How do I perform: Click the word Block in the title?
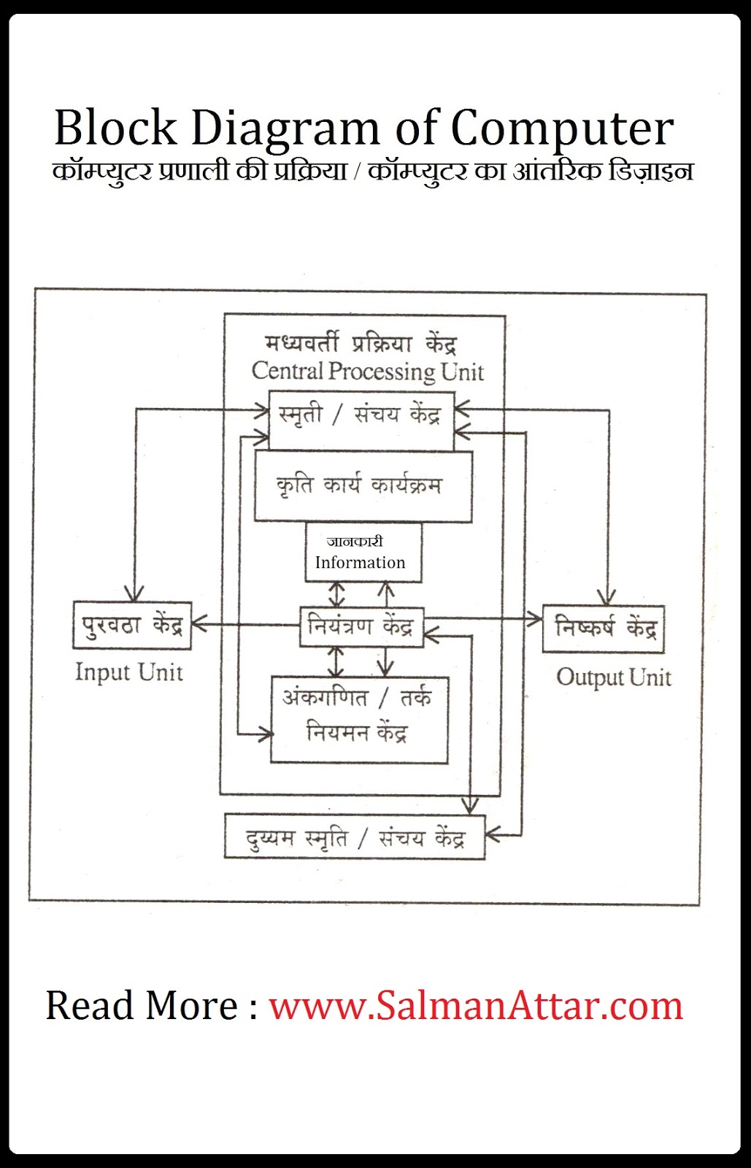tap(115, 128)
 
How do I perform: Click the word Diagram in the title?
tap(285, 128)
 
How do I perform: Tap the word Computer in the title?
tap(561, 128)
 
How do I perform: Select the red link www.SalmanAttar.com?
tap(476, 1006)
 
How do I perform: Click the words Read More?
tap(142, 1006)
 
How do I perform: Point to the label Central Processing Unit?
tap(367, 372)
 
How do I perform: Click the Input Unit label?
tap(129, 672)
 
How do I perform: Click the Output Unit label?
tap(613, 677)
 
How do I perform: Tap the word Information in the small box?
tap(360, 563)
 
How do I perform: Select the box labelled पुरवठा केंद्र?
tap(132, 626)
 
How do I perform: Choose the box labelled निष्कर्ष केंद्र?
tap(604, 629)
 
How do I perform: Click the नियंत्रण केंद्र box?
tap(361, 626)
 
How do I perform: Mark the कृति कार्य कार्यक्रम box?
tap(363, 486)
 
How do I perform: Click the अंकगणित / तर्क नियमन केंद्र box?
tap(359, 719)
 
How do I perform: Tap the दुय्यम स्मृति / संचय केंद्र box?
tap(355, 837)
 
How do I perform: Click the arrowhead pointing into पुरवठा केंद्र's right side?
tap(199, 624)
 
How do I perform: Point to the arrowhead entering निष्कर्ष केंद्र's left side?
tap(536, 620)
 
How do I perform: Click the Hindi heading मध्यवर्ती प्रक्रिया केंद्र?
tap(361, 343)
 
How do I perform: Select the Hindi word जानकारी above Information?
tap(355, 542)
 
